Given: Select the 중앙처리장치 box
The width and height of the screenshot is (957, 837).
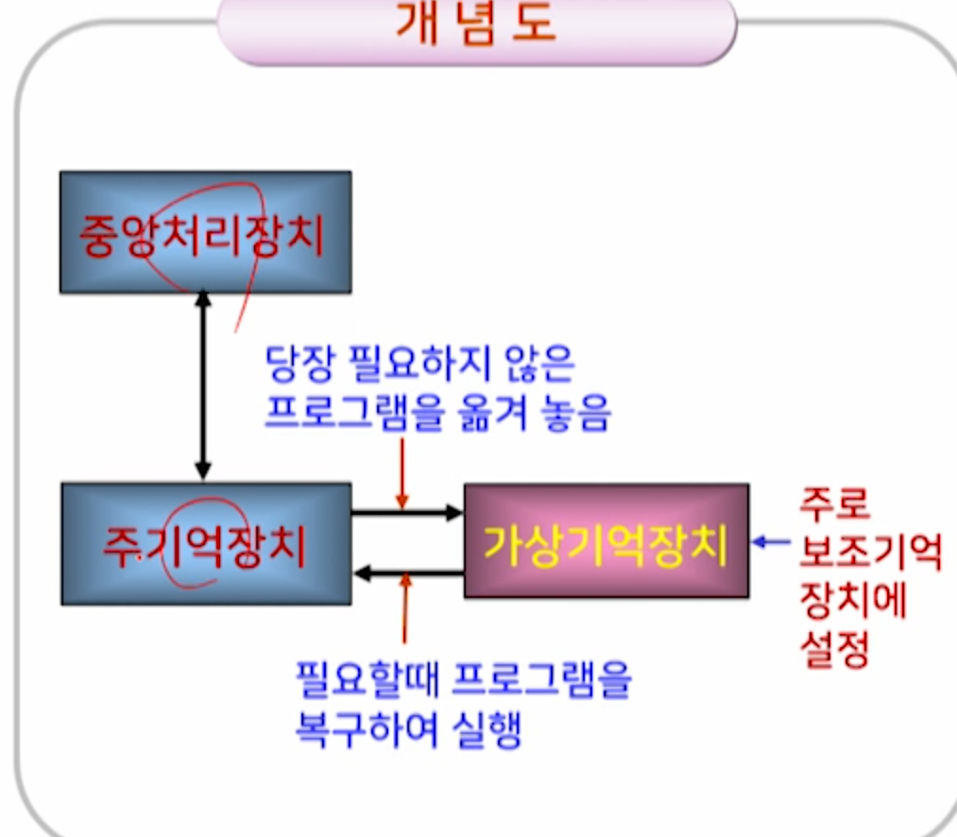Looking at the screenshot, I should point(205,232).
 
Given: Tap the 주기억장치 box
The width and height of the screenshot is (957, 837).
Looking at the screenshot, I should point(205,544).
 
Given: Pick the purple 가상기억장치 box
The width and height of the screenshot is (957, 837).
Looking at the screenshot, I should point(606,541).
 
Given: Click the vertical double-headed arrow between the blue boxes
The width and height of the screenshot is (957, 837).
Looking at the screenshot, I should point(202,387).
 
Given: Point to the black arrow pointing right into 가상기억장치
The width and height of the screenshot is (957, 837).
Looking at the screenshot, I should point(406,513).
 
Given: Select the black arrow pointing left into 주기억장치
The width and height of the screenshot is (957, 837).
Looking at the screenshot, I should point(406,572).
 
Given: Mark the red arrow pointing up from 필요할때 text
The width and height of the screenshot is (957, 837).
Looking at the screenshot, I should point(407,614).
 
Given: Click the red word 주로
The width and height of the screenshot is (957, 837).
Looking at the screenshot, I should point(834,504).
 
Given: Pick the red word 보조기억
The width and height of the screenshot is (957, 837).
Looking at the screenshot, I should point(870,553).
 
